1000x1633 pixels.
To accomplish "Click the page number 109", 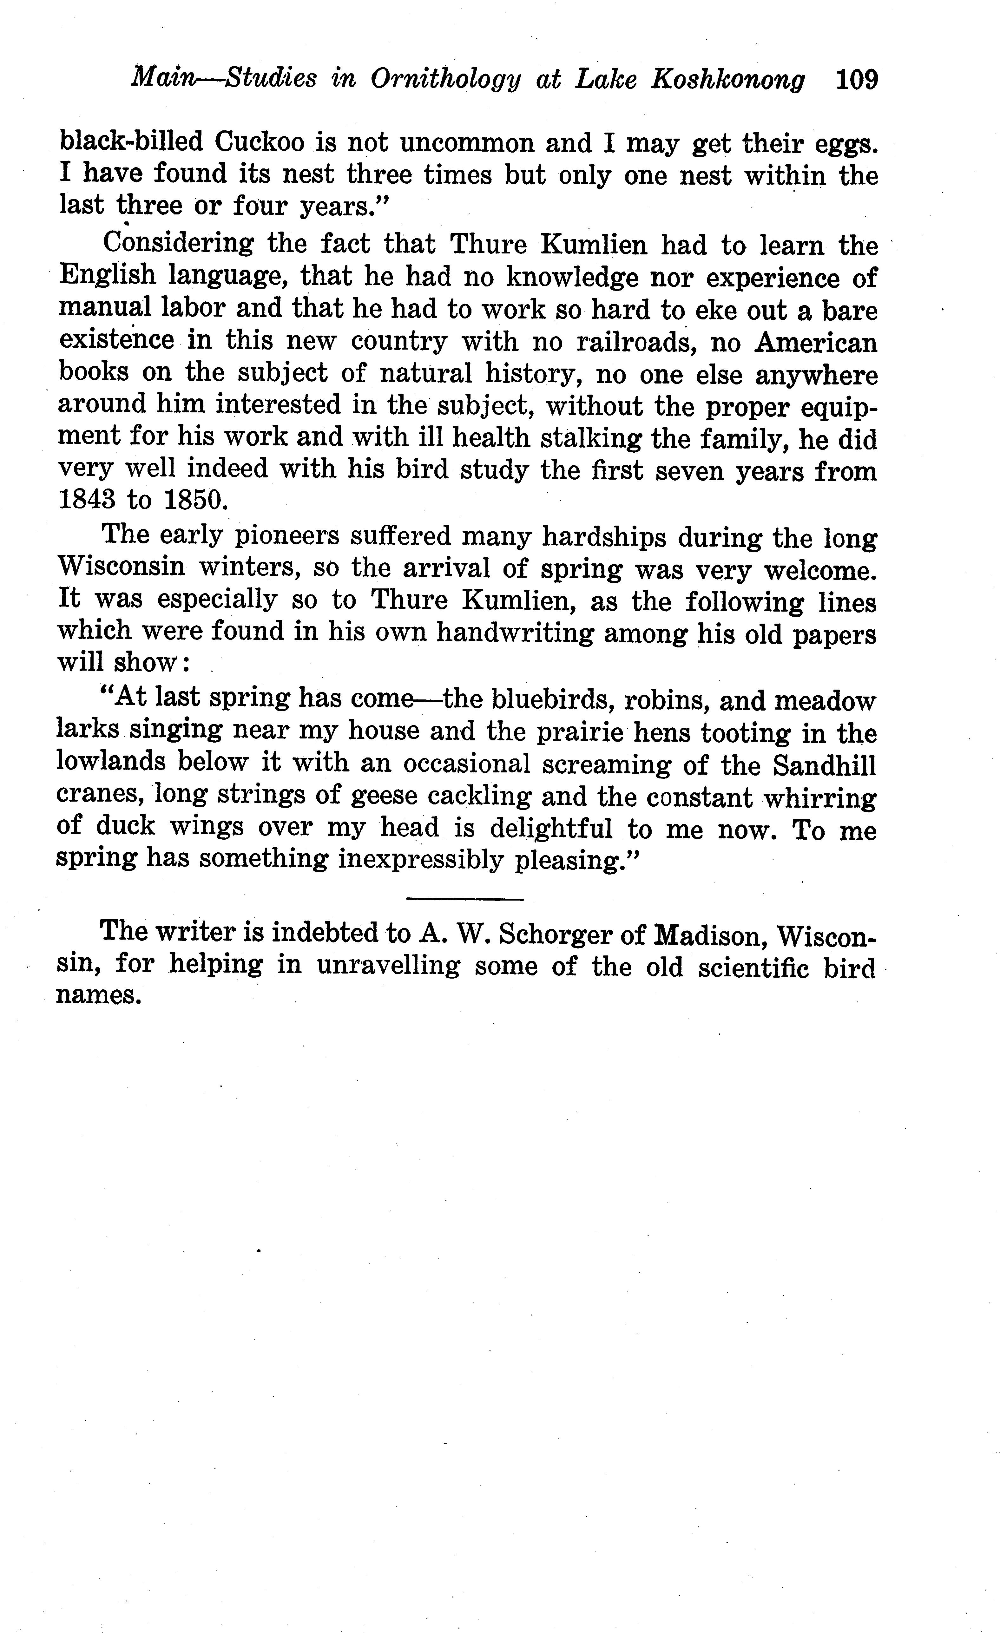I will [x=857, y=80].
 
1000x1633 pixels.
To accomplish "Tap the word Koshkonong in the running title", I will [x=728, y=80].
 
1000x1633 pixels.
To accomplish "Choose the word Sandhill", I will [x=824, y=765].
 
